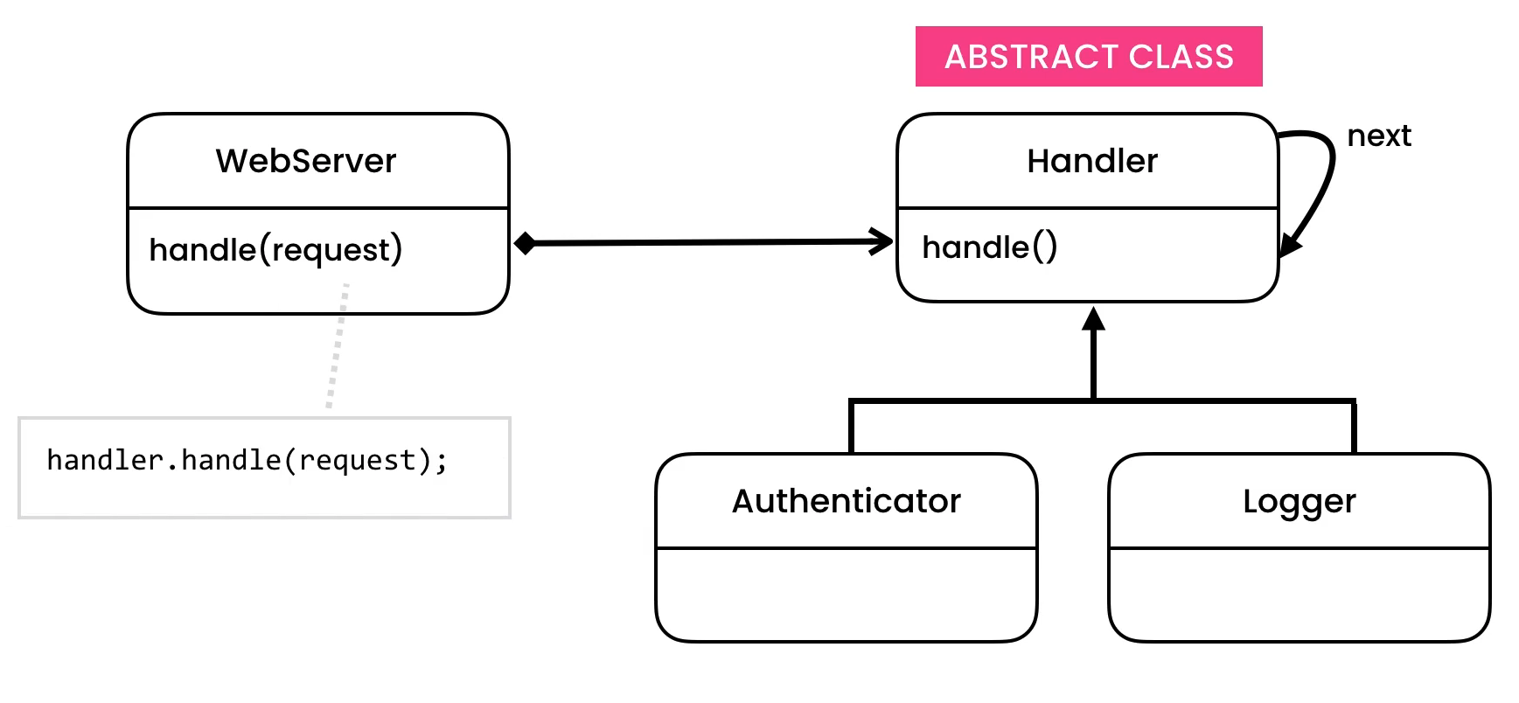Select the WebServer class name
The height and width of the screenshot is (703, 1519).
point(305,161)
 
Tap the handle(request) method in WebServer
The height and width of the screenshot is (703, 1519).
point(275,250)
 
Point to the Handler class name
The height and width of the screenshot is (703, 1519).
point(1091,161)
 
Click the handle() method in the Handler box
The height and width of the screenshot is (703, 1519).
point(989,247)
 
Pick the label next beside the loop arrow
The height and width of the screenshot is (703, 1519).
point(1378,136)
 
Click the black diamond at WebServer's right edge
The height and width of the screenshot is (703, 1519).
point(525,243)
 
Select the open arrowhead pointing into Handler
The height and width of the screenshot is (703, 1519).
point(881,241)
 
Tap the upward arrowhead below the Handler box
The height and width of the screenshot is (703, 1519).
point(1093,319)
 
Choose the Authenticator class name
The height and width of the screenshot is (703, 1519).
point(846,501)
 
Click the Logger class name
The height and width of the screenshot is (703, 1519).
point(1299,501)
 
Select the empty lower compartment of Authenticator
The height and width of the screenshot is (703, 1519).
point(846,595)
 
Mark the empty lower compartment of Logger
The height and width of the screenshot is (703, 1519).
point(1299,595)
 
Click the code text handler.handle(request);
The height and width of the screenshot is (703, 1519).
point(247,461)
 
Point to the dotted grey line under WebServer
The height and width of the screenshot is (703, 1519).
point(338,350)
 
